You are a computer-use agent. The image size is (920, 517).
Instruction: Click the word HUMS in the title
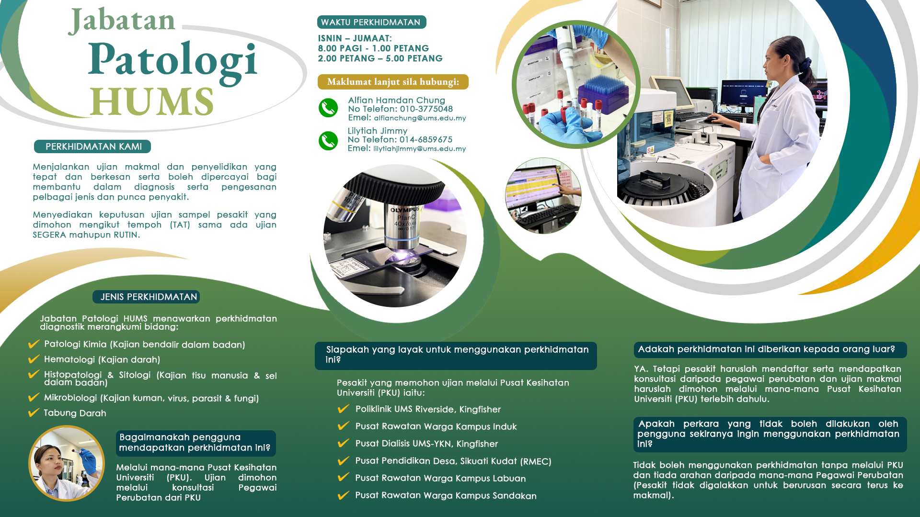tap(151, 101)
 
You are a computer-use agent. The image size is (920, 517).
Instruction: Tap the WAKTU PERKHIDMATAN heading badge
tap(371, 22)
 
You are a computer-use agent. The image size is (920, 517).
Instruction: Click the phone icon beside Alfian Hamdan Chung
tap(328, 108)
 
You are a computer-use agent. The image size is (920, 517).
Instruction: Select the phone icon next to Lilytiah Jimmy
tap(328, 141)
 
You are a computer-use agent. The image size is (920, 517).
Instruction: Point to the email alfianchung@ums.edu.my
tap(420, 118)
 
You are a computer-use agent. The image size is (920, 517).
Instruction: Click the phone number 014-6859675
tap(426, 139)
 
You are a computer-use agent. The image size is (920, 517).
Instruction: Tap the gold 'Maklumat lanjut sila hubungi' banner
tap(393, 82)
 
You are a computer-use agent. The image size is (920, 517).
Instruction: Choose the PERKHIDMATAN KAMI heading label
tap(92, 146)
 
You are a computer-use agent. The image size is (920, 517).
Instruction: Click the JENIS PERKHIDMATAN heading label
tap(146, 297)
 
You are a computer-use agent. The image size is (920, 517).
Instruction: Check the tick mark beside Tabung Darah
tap(34, 412)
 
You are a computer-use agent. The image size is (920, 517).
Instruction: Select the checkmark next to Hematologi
tap(34, 359)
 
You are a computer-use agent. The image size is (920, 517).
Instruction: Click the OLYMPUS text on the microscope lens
tap(404, 210)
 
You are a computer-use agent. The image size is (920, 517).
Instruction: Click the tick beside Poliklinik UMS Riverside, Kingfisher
tap(343, 408)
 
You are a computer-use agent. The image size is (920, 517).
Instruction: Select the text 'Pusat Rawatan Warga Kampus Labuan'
tap(440, 478)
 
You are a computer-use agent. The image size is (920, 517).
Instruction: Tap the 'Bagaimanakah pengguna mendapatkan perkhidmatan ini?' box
tap(195, 443)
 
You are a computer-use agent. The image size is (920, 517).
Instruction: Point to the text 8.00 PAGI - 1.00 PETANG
tap(373, 48)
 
